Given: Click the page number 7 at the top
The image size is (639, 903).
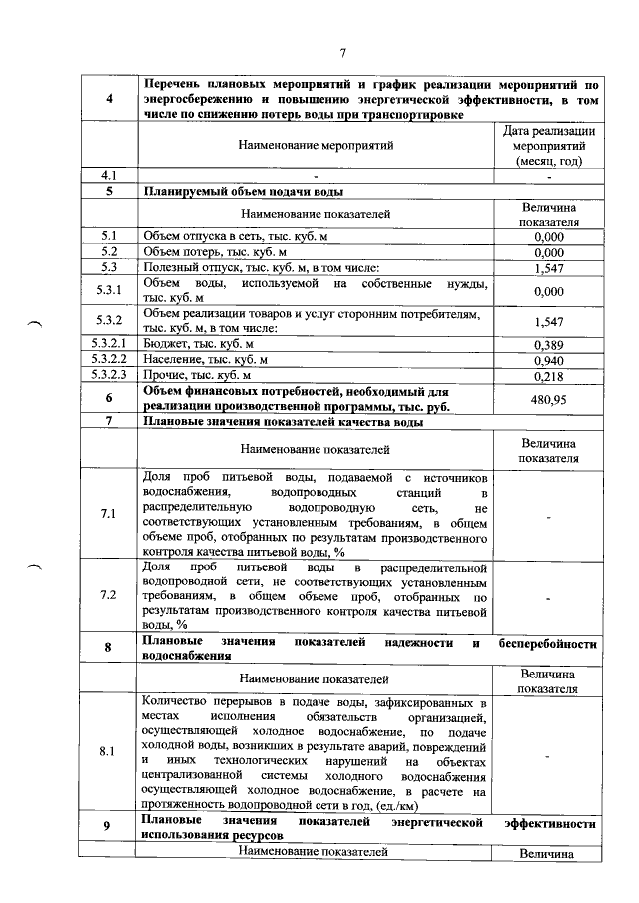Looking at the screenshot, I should (341, 53).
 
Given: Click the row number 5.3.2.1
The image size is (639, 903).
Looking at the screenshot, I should (108, 344).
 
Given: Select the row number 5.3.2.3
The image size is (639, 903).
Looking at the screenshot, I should (108, 376).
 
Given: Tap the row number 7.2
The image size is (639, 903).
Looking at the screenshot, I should (108, 595).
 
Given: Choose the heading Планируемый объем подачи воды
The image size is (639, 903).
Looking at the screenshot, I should (245, 192).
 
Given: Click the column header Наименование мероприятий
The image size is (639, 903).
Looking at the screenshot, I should (317, 146).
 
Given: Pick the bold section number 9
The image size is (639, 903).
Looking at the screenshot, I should (108, 825).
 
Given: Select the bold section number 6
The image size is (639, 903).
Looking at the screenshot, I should (108, 399).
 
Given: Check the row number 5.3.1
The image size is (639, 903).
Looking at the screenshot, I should (108, 290).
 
